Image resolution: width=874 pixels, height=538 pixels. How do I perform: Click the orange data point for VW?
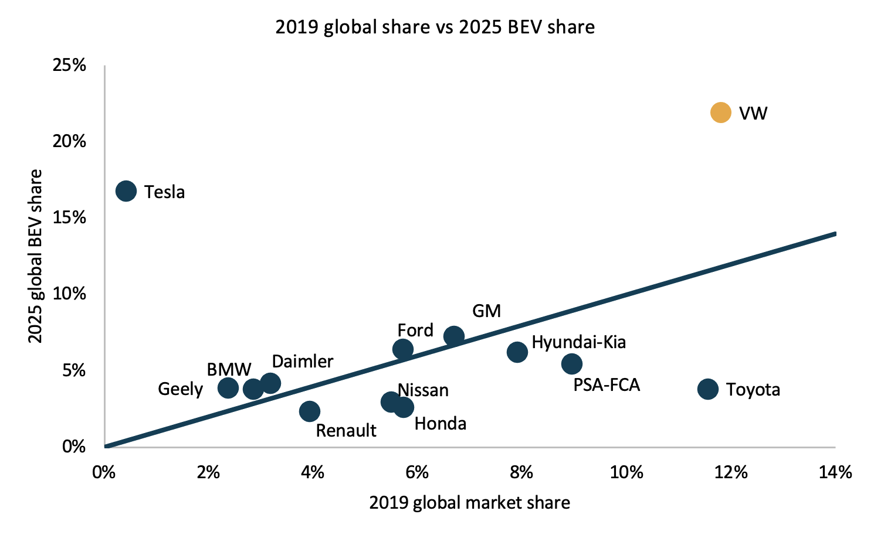(720, 113)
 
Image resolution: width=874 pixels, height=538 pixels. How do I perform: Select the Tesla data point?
(126, 191)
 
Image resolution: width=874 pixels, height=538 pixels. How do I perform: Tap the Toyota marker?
(708, 389)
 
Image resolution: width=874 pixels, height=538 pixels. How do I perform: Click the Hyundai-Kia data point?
(517, 352)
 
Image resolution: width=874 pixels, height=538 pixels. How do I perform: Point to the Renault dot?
(310, 411)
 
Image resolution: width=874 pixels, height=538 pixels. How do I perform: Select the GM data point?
(454, 336)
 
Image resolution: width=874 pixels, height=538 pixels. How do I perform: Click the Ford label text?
(415, 331)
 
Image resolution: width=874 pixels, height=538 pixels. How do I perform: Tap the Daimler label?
(303, 361)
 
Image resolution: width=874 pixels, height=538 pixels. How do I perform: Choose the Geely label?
(181, 389)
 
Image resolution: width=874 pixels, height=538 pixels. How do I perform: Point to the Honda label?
(441, 424)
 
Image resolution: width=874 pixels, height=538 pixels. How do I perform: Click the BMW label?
(229, 370)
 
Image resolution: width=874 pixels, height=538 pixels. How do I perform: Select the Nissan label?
(423, 390)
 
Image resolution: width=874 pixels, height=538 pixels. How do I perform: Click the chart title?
(435, 27)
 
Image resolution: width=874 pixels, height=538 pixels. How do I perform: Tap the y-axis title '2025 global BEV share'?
(36, 256)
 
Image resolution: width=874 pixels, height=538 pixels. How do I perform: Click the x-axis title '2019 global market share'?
(469, 503)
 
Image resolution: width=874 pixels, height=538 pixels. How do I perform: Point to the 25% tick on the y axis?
(70, 65)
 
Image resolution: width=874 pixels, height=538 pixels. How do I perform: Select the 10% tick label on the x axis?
(626, 472)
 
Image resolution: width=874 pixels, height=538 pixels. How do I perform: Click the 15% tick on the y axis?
(70, 217)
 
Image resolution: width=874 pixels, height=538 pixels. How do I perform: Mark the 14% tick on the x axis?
(835, 472)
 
